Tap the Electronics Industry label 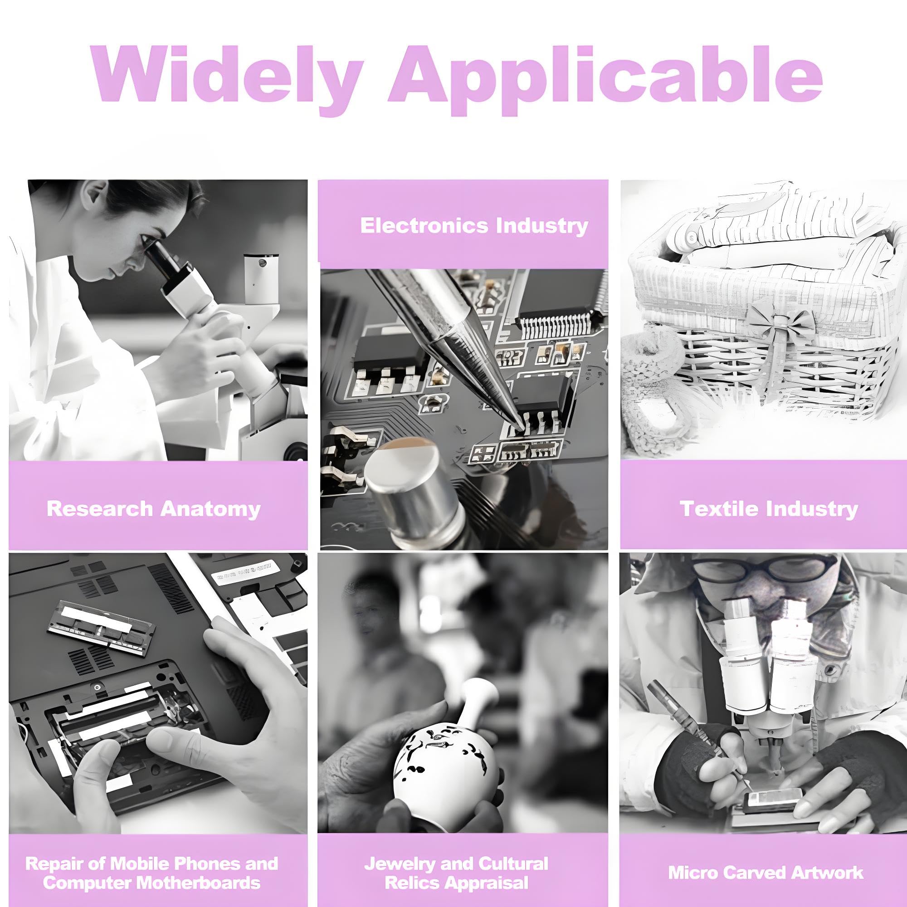pos(474,226)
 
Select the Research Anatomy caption pos(154,509)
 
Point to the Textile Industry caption pos(769,509)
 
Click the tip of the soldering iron pos(521,425)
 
